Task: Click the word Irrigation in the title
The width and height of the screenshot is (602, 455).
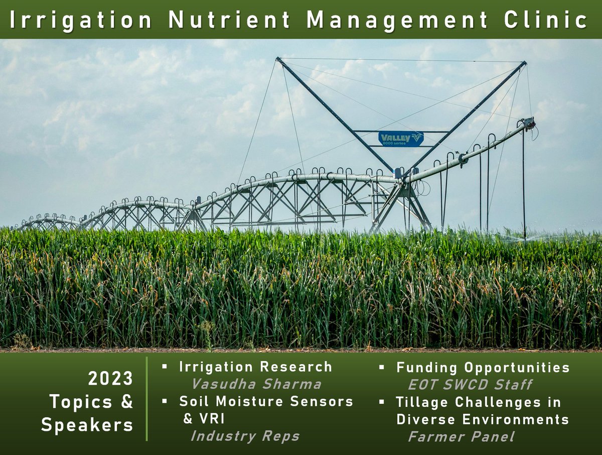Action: click(81, 20)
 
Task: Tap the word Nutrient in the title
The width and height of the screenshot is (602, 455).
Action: click(230, 20)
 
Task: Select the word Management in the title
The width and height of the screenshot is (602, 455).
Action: click(397, 20)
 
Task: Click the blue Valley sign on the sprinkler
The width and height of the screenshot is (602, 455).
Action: click(401, 139)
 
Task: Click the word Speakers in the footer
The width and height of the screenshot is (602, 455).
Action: click(87, 425)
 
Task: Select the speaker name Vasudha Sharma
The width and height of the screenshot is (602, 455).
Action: click(256, 385)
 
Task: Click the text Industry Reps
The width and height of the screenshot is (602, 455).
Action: click(245, 436)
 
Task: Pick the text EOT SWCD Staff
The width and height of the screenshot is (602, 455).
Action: click(470, 385)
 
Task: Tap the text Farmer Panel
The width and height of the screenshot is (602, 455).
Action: click(461, 436)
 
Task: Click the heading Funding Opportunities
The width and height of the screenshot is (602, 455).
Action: click(483, 368)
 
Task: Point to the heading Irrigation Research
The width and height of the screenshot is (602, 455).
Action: click(255, 367)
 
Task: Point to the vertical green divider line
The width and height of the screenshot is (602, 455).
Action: click(146, 399)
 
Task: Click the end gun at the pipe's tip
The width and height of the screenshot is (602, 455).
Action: click(528, 124)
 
